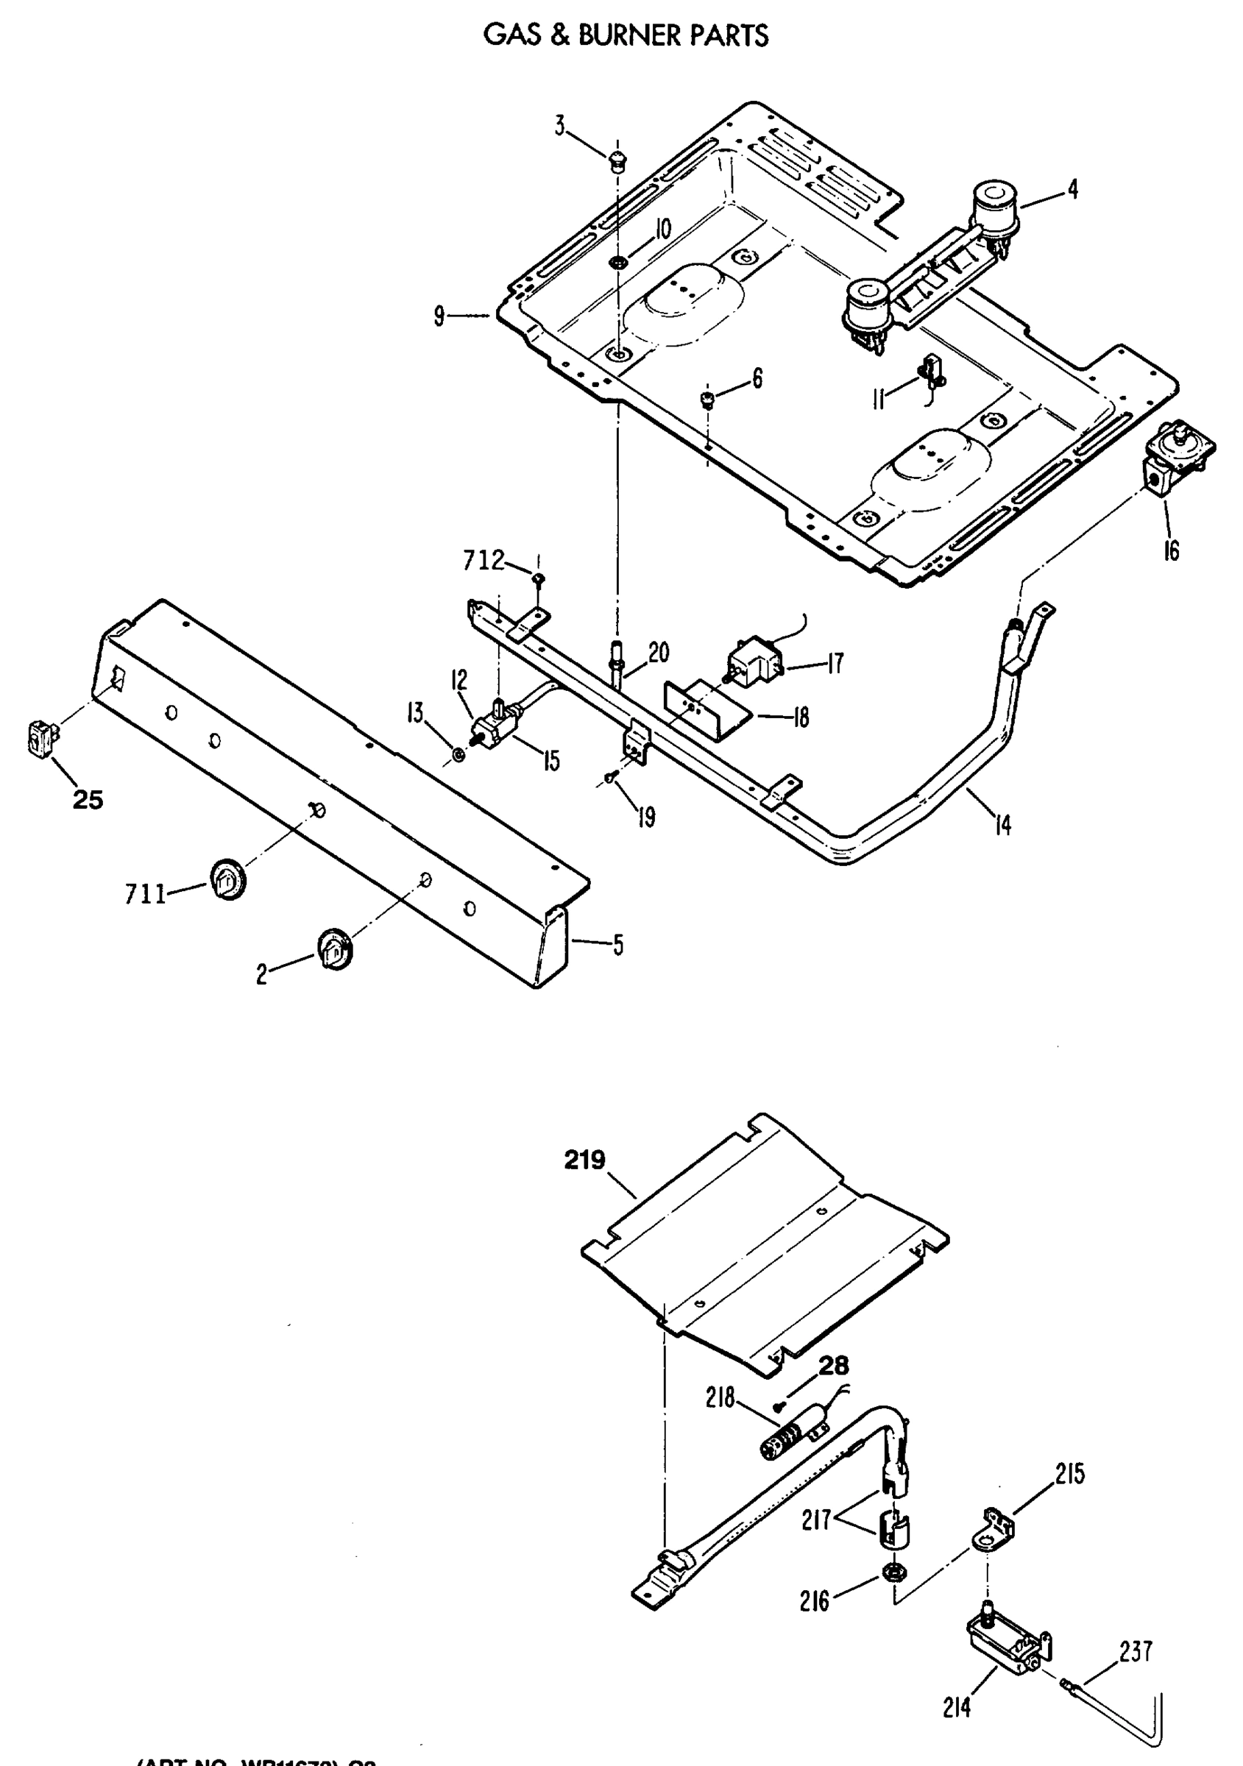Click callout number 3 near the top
(560, 125)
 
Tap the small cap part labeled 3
(616, 162)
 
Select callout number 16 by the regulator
(1171, 550)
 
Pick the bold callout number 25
(88, 800)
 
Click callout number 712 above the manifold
(483, 561)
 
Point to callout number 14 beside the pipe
(1002, 826)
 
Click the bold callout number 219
(585, 1159)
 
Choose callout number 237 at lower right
(1136, 1651)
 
